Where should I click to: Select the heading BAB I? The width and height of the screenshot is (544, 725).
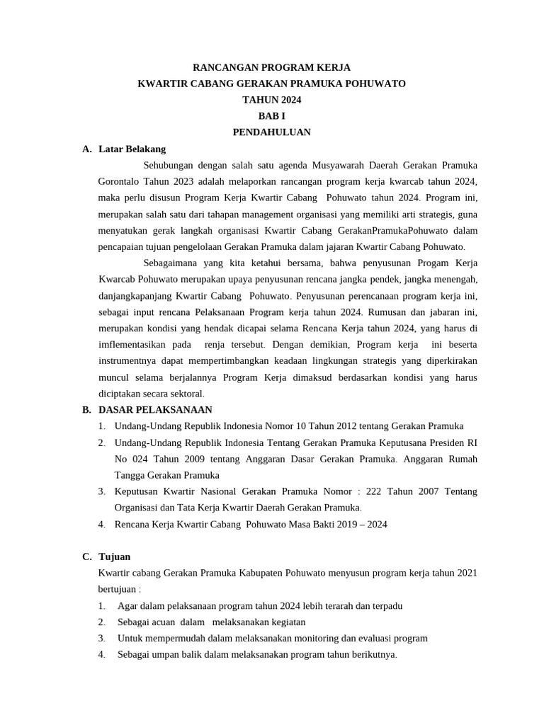272,116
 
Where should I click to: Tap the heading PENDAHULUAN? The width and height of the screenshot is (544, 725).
272,132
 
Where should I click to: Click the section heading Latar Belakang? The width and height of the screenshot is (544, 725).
132,149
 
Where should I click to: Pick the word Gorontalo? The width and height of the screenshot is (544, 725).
120,182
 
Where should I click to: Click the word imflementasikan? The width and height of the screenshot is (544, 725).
132,345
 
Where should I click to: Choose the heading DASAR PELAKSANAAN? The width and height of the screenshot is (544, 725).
156,410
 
